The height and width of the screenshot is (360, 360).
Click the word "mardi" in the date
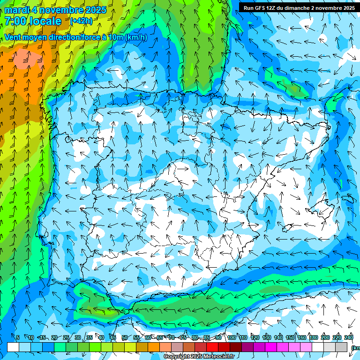(17, 10)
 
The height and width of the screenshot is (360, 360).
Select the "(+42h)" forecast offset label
(81, 21)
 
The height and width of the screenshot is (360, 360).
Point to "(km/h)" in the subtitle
(136, 37)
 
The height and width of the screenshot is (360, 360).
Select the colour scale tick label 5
(17, 338)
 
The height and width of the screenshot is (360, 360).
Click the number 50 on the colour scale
(125, 338)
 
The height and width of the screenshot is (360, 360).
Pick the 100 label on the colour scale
(232, 338)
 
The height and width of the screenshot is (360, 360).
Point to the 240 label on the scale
(349, 338)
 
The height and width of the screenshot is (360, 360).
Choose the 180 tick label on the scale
(314, 338)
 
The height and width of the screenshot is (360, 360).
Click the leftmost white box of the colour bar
(13, 347)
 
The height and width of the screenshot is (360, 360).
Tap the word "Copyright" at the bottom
(177, 357)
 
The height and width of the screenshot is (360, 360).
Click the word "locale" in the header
(45, 21)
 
